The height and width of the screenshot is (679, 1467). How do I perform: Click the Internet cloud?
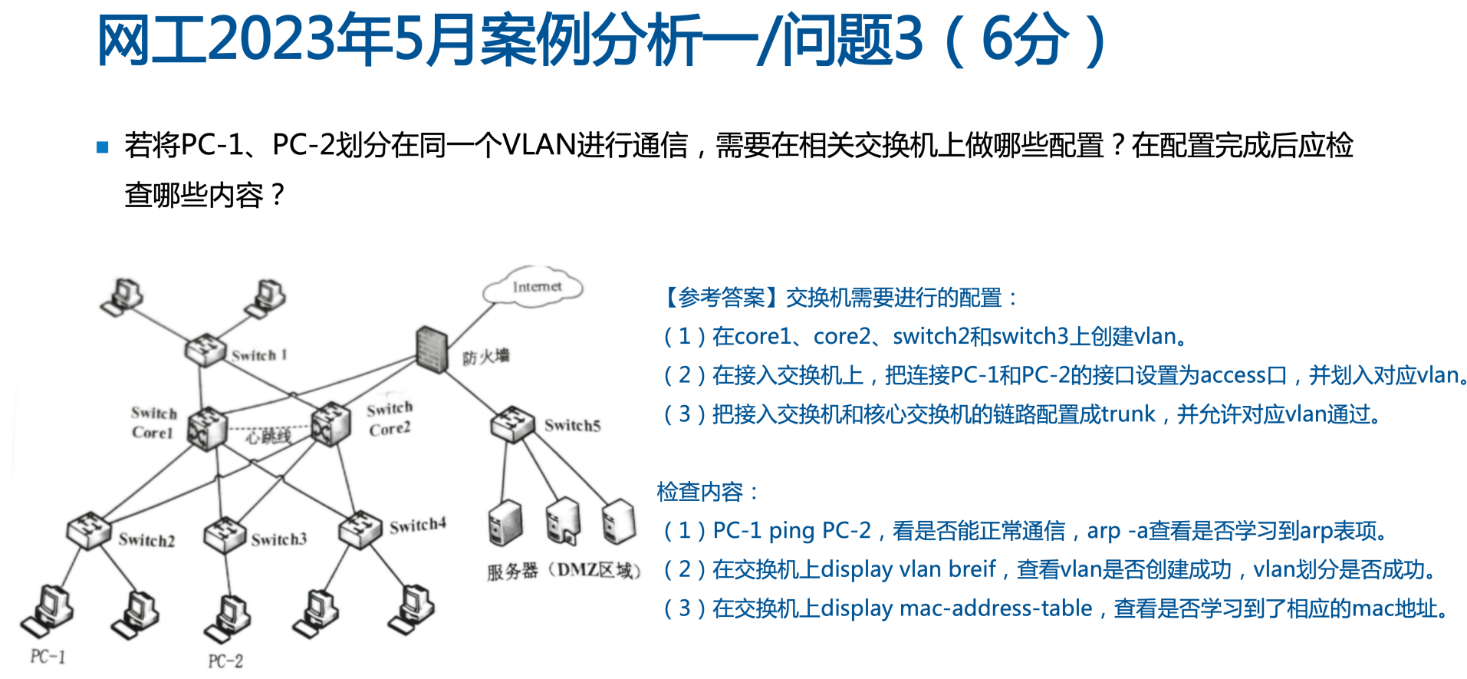[x=534, y=288]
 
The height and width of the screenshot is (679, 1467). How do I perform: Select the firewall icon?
[x=431, y=350]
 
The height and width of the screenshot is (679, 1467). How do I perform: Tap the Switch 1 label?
[x=259, y=355]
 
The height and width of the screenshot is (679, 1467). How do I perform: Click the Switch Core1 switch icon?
[x=206, y=428]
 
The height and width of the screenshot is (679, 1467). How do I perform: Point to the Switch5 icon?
[x=512, y=424]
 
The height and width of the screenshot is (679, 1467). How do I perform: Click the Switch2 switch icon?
[x=88, y=529]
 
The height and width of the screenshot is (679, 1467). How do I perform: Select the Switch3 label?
[x=278, y=540]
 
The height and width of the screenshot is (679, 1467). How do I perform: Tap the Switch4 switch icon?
[x=360, y=529]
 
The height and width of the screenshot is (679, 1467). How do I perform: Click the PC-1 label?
[x=48, y=657]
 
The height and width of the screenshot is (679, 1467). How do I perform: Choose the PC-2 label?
[x=225, y=661]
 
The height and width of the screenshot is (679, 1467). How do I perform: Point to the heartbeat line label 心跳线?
[x=268, y=437]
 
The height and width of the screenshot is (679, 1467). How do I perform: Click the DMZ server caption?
[x=564, y=571]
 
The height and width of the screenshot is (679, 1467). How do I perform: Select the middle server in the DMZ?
[x=563, y=522]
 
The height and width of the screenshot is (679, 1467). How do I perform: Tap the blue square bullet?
[x=103, y=147]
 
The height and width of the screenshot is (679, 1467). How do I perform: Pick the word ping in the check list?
[x=791, y=530]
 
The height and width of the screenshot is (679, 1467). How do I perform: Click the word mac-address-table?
[x=995, y=608]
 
